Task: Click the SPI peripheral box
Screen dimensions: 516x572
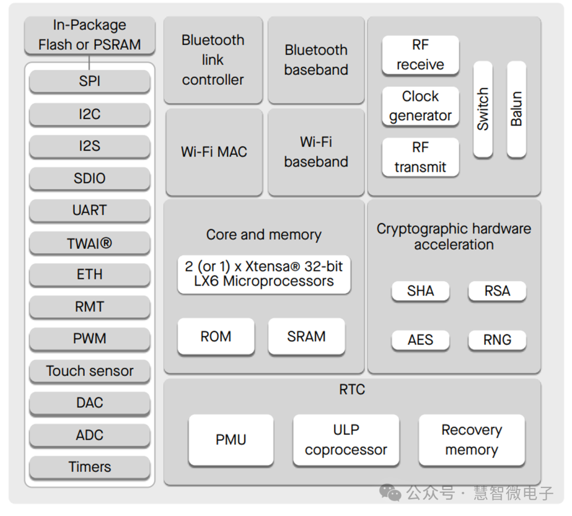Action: (90, 82)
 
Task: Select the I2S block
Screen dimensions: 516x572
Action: (90, 146)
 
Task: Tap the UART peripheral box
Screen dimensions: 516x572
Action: (90, 210)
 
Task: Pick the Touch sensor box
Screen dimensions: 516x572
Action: (90, 371)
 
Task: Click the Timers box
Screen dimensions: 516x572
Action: (90, 467)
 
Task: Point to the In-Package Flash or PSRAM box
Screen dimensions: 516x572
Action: (90, 35)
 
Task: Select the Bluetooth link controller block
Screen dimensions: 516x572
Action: (213, 60)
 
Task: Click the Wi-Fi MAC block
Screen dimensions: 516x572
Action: (214, 152)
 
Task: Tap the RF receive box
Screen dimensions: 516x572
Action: (421, 55)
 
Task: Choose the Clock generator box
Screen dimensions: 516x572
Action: (421, 106)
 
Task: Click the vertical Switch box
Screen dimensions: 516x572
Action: (482, 109)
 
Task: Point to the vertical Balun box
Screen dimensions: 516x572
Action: (516, 109)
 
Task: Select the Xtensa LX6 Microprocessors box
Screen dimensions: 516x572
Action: (264, 274)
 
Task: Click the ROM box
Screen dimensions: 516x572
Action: (216, 336)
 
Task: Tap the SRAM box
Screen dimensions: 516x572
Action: (306, 336)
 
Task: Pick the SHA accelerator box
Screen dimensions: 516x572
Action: (421, 291)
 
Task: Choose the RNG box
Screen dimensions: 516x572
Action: (497, 340)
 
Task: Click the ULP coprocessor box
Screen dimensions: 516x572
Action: (346, 440)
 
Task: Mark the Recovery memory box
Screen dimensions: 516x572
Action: (471, 440)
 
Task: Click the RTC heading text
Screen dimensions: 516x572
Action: (352, 389)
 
